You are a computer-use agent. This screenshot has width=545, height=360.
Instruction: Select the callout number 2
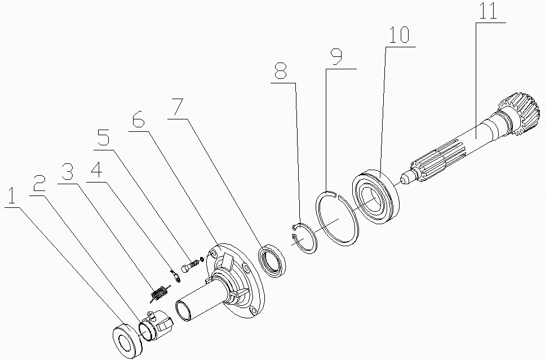point(38,184)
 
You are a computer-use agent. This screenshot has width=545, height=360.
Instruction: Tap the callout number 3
point(68,171)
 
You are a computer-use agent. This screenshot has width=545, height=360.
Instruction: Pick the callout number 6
point(138,120)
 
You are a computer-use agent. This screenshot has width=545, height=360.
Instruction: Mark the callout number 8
point(281,72)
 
